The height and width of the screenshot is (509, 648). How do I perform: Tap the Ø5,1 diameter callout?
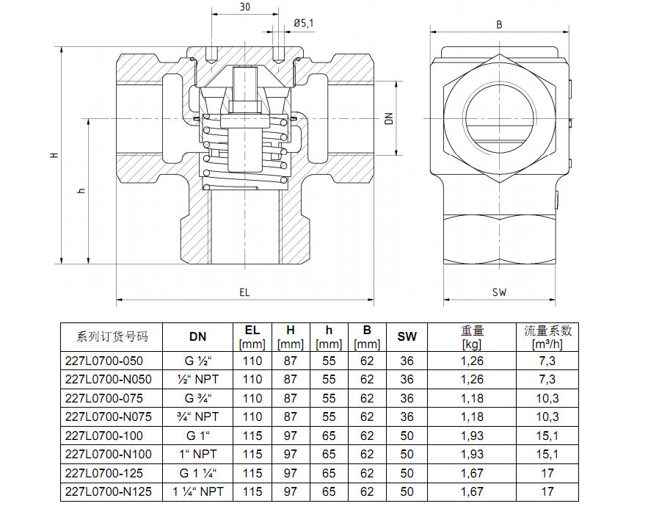pos(303,24)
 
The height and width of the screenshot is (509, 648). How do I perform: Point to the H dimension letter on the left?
pos(53,156)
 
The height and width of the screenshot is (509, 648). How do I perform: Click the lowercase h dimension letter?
pos(81,190)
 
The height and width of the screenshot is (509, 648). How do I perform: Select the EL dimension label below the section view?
pos(244,292)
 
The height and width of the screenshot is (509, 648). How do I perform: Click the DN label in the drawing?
pos(390,118)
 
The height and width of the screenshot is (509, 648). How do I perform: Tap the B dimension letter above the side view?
pos(499,24)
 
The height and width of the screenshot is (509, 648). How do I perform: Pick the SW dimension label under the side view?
pos(499,292)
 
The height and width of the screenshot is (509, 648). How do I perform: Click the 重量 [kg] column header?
pos(473,337)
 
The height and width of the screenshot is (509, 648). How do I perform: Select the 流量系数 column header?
pos(547,337)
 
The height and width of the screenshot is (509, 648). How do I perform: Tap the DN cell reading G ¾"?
pos(197,398)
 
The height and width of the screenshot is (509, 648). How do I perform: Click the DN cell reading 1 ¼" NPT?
pos(197,491)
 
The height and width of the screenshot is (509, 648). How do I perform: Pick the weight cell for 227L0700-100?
pos(473,436)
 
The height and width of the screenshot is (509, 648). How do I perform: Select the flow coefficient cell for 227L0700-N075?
pos(547,416)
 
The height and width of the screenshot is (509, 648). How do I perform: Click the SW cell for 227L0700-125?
pos(407,473)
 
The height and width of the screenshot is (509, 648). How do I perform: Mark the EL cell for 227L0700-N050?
pos(252,379)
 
